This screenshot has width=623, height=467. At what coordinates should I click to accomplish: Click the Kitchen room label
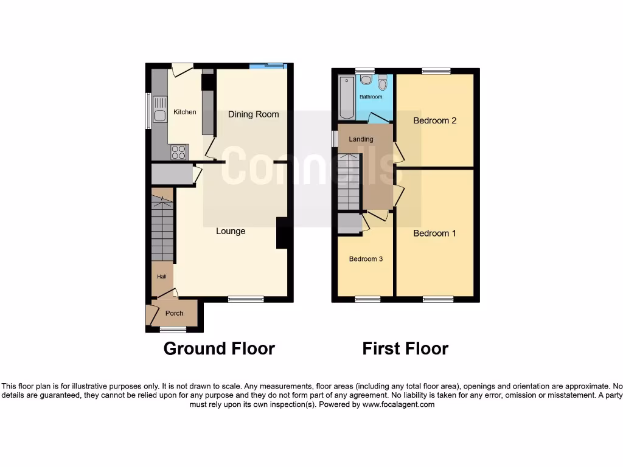tap(185, 112)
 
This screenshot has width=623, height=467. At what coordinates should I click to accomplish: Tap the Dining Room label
tap(254, 114)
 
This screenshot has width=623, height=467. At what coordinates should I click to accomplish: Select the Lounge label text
tap(231, 231)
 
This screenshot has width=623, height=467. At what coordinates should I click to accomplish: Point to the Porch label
tap(175, 314)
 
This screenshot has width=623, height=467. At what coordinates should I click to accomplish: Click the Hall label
tap(161, 277)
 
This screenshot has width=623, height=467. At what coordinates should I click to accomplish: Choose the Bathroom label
tap(371, 97)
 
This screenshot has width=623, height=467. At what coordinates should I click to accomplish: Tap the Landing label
tap(361, 139)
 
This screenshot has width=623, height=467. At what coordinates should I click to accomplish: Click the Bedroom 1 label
tap(434, 233)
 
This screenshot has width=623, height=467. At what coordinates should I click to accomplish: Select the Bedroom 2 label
tap(434, 120)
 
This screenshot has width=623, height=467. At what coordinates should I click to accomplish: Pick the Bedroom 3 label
tap(366, 259)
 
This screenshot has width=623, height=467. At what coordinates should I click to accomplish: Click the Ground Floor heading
tap(219, 348)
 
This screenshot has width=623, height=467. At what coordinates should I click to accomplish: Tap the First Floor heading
tap(405, 348)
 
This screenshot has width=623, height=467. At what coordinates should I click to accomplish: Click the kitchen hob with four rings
tap(179, 152)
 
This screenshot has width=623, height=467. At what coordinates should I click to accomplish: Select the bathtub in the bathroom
tap(346, 97)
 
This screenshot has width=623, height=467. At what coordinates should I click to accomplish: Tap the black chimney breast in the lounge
tap(283, 233)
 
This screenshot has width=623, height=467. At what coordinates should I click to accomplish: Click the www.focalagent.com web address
tap(399, 404)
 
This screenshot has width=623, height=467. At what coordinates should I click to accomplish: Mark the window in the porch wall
tap(173, 330)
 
